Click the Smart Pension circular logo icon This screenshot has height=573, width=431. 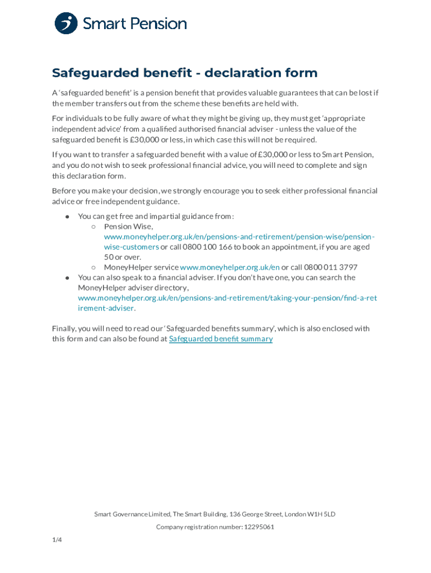point(66,24)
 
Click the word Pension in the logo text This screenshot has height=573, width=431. point(159,24)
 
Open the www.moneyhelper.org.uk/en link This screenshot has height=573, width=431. point(229,267)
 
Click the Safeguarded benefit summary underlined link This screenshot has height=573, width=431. point(221,339)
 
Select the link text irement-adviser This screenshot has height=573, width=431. point(106,308)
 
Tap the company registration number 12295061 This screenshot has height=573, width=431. point(259,527)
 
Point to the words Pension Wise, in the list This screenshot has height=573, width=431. point(128,227)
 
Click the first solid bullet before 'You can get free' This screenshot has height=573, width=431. point(67,217)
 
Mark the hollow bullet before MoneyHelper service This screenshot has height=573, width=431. point(93,267)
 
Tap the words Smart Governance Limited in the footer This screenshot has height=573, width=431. point(132,514)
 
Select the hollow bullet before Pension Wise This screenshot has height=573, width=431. point(93,227)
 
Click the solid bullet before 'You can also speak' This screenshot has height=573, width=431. point(67,278)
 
